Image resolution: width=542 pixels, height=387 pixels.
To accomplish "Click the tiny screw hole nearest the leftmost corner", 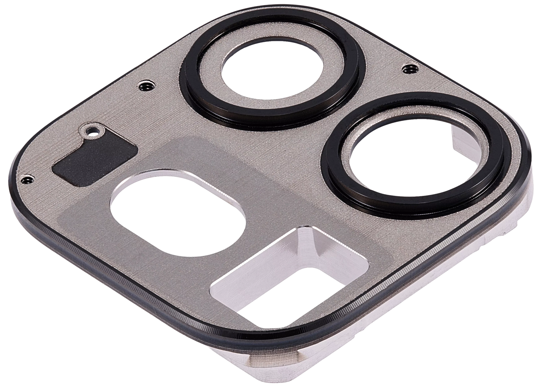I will [27, 180].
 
